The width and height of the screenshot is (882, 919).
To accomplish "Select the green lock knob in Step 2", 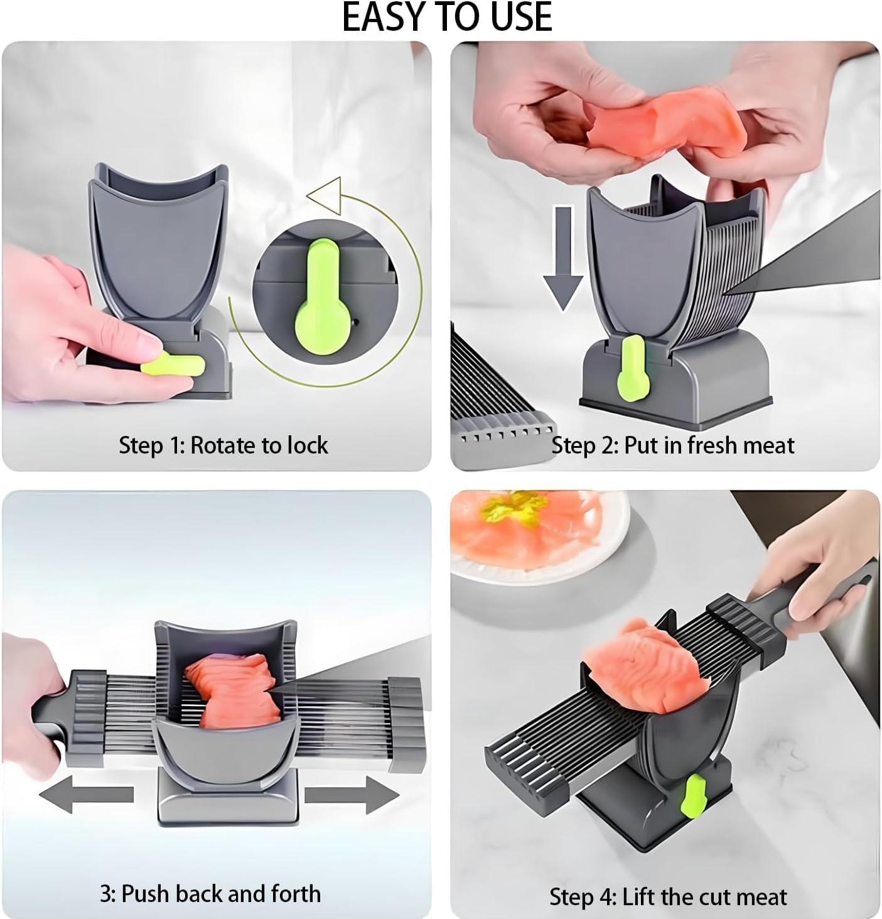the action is point(632,367).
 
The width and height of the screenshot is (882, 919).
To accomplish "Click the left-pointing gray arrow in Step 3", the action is point(87,794).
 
